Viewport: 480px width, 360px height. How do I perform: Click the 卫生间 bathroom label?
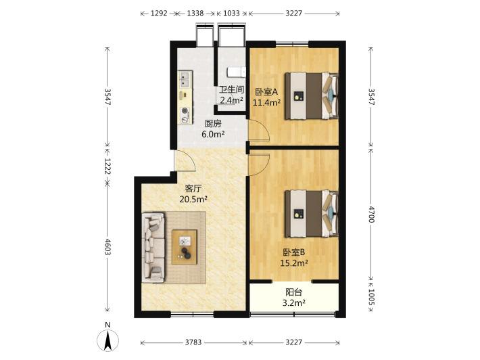[x=232, y=89]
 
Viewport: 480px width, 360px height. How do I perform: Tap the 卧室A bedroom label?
[x=266, y=91]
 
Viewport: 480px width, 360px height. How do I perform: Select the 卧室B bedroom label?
[x=294, y=252]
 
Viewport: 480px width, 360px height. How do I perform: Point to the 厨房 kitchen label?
[x=213, y=123]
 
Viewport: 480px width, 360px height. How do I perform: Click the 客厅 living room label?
[x=193, y=188]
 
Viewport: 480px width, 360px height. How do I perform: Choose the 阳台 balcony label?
[x=294, y=292]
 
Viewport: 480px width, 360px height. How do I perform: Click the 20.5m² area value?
[x=193, y=200]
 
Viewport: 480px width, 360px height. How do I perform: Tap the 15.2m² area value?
[x=294, y=263]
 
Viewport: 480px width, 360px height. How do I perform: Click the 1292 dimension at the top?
[x=159, y=13]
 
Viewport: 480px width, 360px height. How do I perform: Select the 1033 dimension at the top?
[x=231, y=13]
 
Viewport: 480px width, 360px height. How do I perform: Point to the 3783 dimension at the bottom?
[x=193, y=342]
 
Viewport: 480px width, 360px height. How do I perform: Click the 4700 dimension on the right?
[x=371, y=214]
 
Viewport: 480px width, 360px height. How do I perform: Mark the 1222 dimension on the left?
[x=107, y=166]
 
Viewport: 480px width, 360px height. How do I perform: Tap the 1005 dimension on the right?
[x=371, y=297]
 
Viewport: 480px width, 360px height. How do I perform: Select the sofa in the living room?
[x=153, y=248]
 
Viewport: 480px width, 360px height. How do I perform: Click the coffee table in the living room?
[x=185, y=247]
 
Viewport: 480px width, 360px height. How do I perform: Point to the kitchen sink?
[x=185, y=78]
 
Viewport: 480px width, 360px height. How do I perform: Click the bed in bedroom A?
[x=312, y=96]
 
